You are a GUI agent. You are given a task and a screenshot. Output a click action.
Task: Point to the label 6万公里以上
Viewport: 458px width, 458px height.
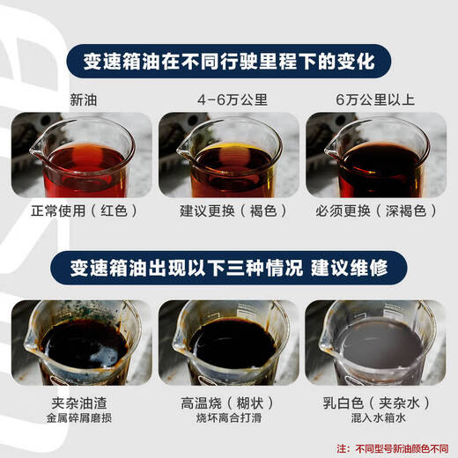375,99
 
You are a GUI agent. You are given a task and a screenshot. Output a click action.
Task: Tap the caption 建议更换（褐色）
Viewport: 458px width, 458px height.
228,211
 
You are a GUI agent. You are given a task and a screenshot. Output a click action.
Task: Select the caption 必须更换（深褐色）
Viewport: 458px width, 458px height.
375,211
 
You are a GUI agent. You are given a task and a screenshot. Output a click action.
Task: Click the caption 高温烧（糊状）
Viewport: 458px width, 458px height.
228,403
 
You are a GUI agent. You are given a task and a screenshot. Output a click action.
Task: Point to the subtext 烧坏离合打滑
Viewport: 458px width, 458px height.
228,420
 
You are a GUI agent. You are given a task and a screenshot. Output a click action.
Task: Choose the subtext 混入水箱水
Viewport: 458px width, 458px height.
375,420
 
